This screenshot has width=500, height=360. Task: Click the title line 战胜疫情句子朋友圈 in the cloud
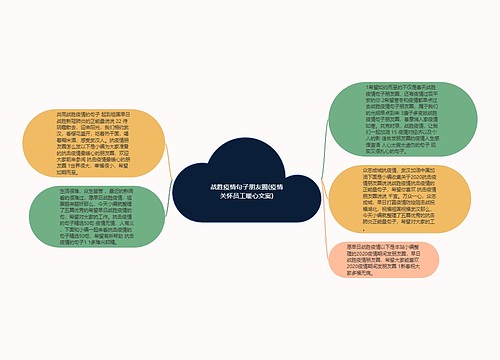click(250, 186)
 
